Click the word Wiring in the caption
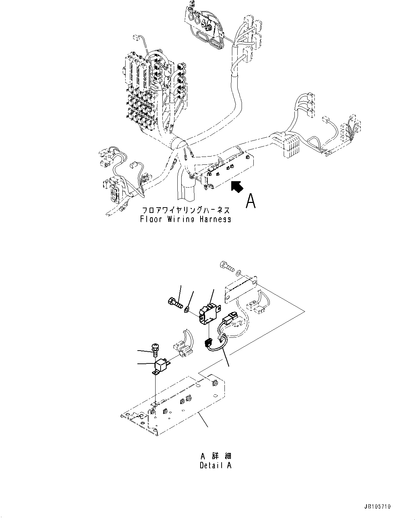point(180,219)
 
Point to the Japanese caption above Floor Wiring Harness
point(186,210)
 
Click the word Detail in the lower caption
point(211,465)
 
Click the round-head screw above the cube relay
point(155,348)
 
